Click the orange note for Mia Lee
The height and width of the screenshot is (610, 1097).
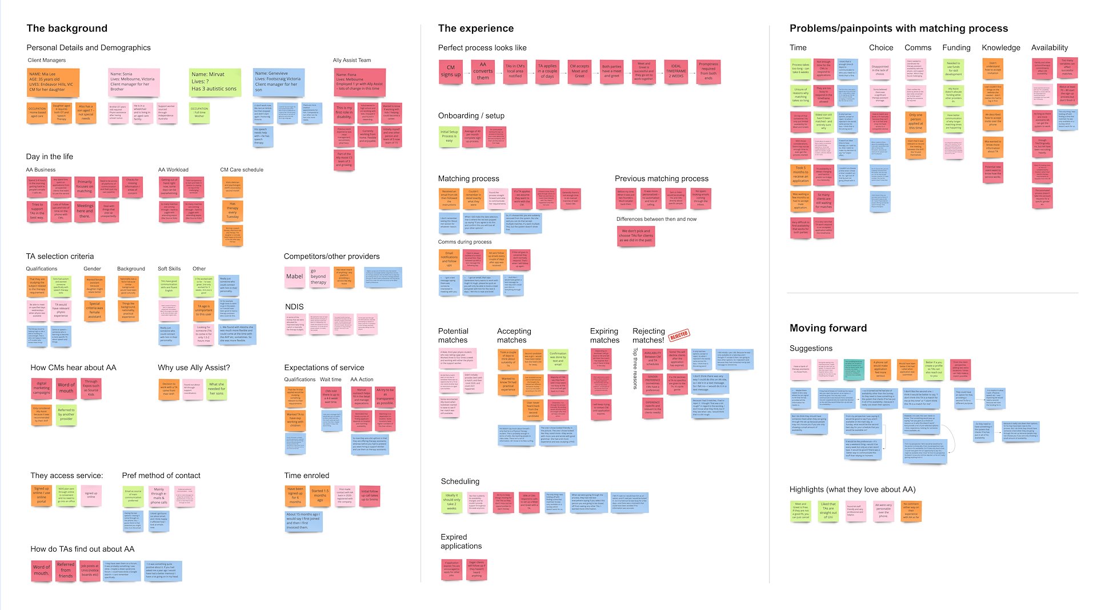(53, 82)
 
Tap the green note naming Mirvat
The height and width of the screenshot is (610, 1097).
(214, 82)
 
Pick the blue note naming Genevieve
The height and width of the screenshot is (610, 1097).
(278, 82)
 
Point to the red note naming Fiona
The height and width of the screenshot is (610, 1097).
(359, 82)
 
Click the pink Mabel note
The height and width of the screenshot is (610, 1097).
(295, 277)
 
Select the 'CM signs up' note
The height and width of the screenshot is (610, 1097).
(450, 71)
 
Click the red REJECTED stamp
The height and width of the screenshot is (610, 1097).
(679, 336)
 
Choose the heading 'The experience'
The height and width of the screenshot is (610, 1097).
(475, 29)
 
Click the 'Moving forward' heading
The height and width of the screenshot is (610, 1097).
(828, 328)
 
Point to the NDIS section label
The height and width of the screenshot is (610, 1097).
(294, 307)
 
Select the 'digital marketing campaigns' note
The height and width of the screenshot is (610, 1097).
(42, 388)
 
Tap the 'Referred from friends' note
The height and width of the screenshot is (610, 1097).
(66, 570)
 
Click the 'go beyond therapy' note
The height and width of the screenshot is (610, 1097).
(318, 277)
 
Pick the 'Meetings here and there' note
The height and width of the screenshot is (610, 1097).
(85, 211)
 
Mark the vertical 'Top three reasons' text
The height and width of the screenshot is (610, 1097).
(635, 369)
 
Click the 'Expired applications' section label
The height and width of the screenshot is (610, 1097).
(461, 541)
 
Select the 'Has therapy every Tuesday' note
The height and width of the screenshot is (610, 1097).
(233, 211)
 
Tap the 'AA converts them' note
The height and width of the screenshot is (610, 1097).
(483, 71)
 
